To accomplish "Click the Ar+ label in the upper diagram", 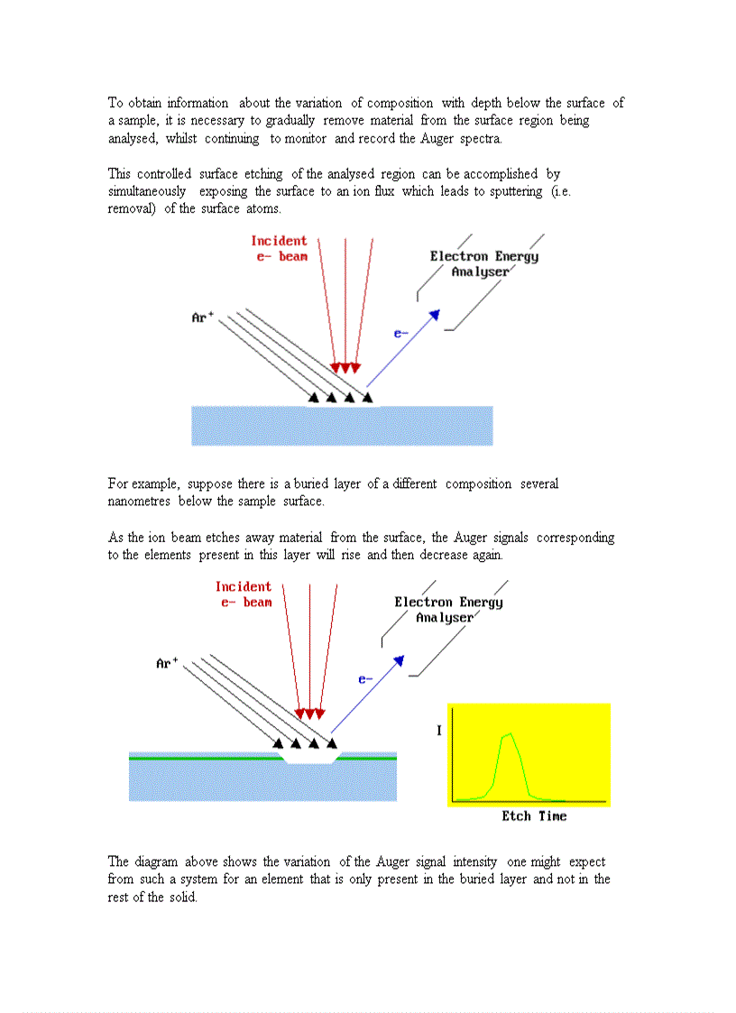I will click(x=202, y=318).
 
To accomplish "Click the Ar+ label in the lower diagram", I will click(x=167, y=663).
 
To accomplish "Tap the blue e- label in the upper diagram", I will click(x=401, y=333).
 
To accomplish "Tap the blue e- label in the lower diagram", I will click(x=366, y=679).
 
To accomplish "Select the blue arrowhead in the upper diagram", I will click(x=434, y=314).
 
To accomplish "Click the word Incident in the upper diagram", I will click(x=279, y=241).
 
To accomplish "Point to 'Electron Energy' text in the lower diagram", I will click(x=448, y=602).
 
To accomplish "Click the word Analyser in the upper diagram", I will click(x=480, y=272).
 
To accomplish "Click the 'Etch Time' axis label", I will click(x=534, y=816).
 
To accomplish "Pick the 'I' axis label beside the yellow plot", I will click(x=439, y=730).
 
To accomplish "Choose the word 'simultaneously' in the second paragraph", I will click(x=147, y=191).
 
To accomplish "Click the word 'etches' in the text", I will click(x=229, y=537).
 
